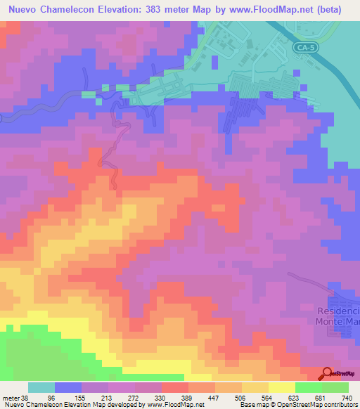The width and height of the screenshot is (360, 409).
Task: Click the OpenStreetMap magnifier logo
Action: pos(327,374)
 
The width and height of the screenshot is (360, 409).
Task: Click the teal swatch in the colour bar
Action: pos(41,387)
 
